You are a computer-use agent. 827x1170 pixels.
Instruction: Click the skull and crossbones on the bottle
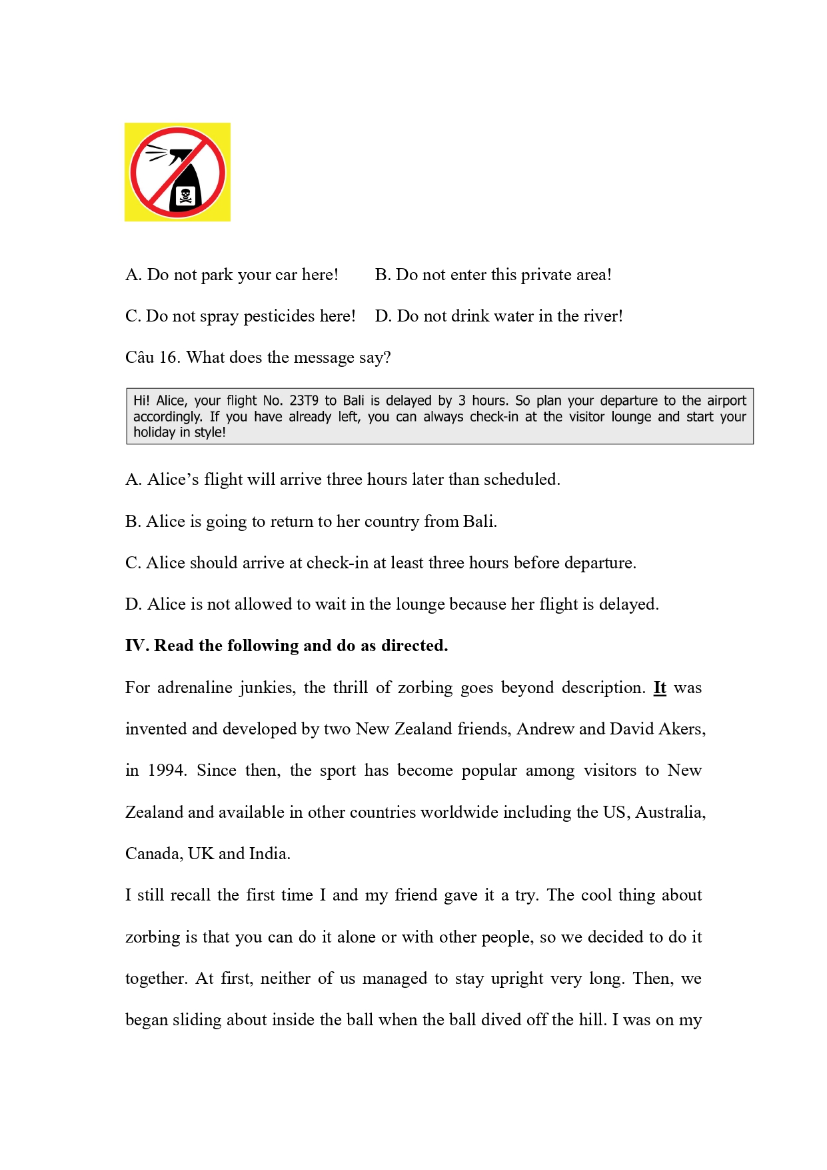(x=185, y=195)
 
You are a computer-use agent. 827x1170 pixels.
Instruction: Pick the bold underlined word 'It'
(x=660, y=688)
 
